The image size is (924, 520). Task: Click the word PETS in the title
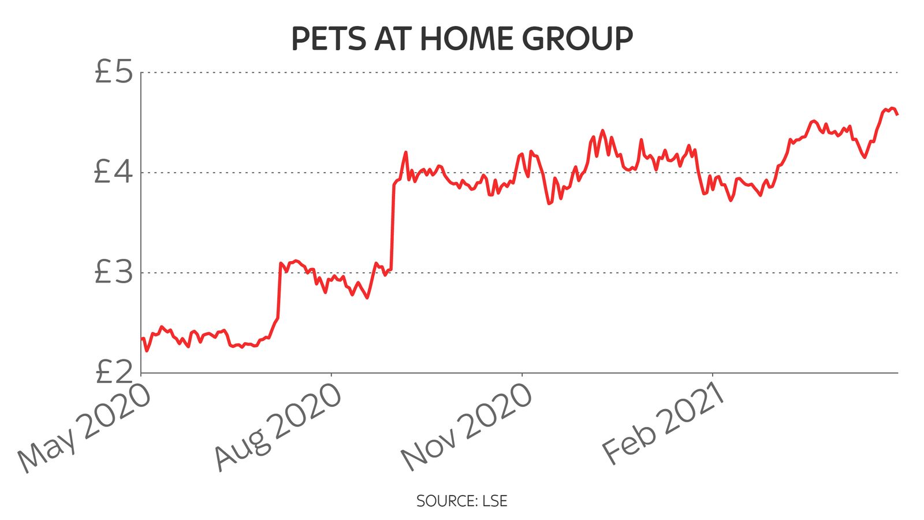[328, 39]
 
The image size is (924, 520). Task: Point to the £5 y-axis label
[113, 73]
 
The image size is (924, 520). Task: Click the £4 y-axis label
[113, 172]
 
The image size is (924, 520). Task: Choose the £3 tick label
[113, 273]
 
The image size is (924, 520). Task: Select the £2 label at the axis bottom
[113, 373]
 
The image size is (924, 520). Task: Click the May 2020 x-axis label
[85, 429]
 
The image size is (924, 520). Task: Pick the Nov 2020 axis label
[467, 428]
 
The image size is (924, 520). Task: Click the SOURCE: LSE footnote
[461, 501]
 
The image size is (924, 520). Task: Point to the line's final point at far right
[897, 114]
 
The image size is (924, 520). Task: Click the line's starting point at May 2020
[142, 339]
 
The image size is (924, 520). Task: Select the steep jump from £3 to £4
[393, 225]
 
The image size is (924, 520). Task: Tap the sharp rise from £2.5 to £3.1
[279, 289]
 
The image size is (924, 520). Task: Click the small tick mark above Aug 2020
[331, 376]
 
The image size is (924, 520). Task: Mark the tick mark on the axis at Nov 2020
[522, 376]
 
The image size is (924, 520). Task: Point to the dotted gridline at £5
[520, 73]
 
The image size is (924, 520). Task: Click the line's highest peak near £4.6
[892, 108]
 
